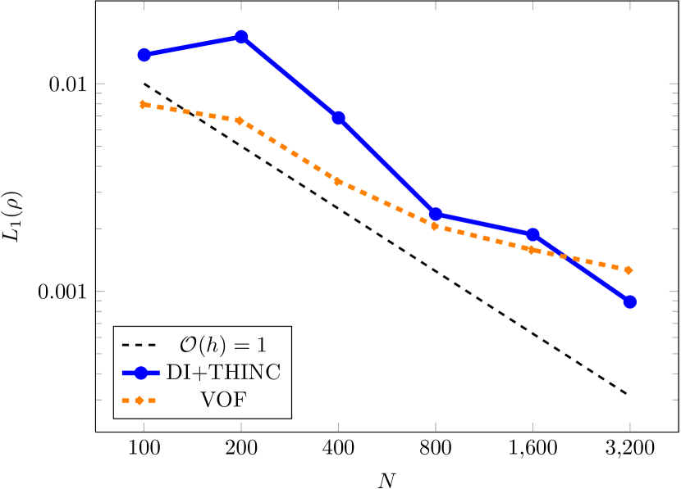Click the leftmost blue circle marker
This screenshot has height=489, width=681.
pos(144,55)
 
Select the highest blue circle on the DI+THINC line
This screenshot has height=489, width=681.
pos(241,37)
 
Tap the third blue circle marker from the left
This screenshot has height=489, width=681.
pos(338,118)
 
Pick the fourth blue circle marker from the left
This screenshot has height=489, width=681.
pos(436,214)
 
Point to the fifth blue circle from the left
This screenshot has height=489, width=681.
pos(532,234)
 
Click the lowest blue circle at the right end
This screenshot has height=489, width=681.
pos(629,301)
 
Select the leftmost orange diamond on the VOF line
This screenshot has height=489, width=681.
pos(144,105)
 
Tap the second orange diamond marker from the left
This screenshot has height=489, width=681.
pos(240,120)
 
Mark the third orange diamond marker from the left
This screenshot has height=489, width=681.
pos(338,181)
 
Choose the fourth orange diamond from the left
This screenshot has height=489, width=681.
pos(436,225)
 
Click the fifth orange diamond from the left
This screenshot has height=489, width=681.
pos(532,249)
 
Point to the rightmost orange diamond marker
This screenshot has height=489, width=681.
pos(629,269)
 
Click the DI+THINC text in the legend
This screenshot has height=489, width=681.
pos(223,372)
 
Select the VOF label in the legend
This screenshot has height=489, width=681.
pos(223,401)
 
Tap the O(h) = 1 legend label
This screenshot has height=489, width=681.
pos(223,343)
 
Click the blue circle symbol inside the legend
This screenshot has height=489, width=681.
pos(140,373)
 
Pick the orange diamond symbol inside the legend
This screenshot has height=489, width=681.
pos(140,401)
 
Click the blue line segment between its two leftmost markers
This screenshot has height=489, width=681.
pos(193,46)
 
